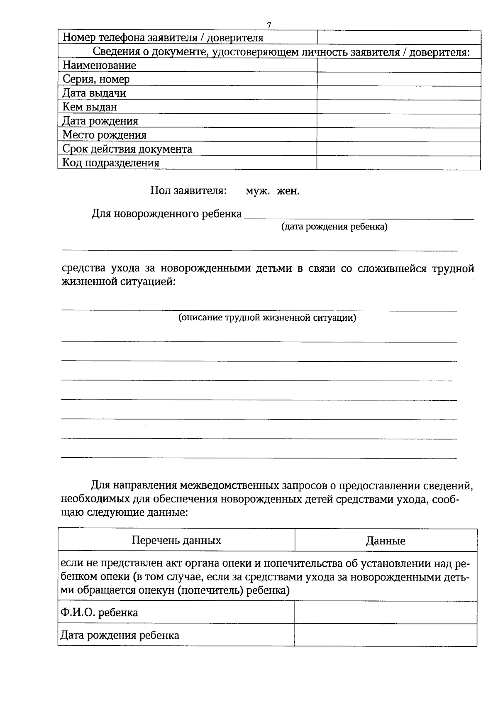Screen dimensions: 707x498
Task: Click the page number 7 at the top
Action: point(269,25)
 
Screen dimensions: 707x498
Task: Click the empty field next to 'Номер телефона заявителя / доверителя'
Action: point(398,37)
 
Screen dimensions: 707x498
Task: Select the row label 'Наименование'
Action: point(99,65)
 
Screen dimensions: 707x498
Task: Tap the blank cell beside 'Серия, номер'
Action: point(398,79)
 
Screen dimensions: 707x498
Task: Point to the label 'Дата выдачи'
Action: point(94,93)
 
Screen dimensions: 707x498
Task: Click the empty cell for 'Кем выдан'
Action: point(398,107)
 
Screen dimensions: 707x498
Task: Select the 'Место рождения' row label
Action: point(104,135)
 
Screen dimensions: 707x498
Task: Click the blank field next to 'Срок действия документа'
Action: point(398,149)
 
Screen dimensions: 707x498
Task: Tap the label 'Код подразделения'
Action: point(111,163)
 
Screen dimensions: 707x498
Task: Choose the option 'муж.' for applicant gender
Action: point(258,191)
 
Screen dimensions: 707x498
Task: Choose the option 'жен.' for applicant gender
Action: point(288,191)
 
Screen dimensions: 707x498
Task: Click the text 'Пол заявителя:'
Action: point(188,191)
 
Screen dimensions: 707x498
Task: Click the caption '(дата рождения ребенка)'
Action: point(334,227)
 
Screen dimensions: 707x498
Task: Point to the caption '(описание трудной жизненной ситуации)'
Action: point(267,318)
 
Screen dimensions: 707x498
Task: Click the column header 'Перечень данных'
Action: point(176,540)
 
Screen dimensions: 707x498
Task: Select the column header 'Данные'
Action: point(386,541)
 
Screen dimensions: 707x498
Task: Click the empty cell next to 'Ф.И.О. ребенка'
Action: point(386,612)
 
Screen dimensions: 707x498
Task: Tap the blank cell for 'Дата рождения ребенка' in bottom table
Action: point(386,635)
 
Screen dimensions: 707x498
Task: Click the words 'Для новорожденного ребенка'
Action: point(166,214)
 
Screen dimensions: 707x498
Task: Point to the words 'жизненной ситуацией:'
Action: point(119,282)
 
